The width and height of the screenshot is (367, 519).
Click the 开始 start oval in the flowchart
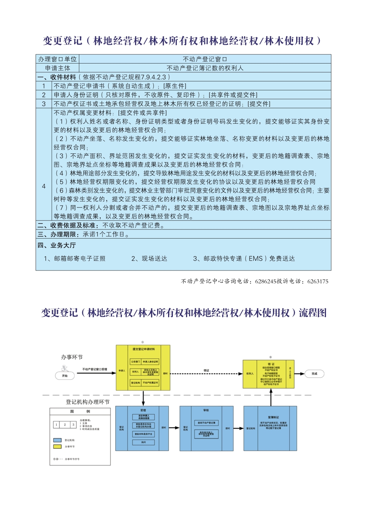pos(65,375)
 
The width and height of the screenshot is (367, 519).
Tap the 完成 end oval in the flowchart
pos(315,374)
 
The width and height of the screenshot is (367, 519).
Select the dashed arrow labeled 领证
pos(206,374)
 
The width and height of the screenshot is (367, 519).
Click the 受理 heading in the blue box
pos(143,410)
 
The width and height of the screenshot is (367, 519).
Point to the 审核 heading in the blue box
pos(206,410)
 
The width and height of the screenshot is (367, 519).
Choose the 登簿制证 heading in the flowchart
pos(273,417)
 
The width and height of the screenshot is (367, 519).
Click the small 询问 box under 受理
pos(143,442)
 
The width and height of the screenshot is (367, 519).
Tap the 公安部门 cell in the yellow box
pos(135,362)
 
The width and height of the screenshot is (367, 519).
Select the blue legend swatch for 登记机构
pos(57,440)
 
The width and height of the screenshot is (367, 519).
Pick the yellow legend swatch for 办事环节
pos(57,447)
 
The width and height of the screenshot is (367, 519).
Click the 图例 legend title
pos(80,411)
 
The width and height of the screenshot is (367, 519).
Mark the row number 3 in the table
pos(44,104)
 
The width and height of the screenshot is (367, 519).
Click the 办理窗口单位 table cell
pos(58,59)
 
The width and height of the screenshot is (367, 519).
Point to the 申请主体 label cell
pos(58,68)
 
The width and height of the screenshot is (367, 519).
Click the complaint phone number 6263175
pos(318,282)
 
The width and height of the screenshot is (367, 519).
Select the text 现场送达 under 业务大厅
pos(149,259)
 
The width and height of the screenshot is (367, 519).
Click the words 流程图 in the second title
pos(313,313)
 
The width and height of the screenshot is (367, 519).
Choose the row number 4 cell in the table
pos(44,186)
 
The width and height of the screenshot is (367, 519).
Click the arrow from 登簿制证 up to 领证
pos(271,397)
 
